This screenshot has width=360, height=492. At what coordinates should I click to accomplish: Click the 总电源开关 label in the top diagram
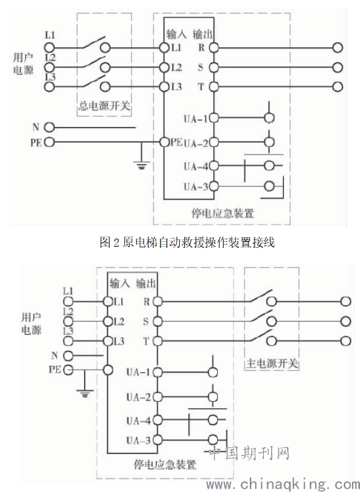tap(104, 106)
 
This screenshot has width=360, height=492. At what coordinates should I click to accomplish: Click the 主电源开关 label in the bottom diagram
tap(272, 364)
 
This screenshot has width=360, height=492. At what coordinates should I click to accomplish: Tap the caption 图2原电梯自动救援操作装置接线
tap(187, 242)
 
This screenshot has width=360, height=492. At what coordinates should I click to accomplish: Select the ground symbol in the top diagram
tap(142, 164)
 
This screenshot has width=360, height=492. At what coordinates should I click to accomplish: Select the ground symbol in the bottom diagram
tap(85, 393)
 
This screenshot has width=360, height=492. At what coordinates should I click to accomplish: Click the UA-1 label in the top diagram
tap(196, 119)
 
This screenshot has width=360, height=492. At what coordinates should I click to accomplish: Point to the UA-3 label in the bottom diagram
tap(139, 441)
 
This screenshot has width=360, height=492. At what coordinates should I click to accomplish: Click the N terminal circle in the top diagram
tap(49, 128)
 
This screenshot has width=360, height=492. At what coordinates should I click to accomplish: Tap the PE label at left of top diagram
tap(36, 142)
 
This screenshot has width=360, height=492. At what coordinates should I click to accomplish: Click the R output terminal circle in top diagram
tap(214, 47)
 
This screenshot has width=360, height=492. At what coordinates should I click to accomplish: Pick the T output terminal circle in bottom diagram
tap(158, 341)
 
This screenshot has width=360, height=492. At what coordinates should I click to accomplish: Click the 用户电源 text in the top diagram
tap(23, 64)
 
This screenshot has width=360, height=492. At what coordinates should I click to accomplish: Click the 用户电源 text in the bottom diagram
tap(31, 324)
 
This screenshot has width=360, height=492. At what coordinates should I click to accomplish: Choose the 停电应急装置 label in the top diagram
tap(222, 213)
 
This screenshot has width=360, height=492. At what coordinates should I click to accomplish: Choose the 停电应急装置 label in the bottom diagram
tap(165, 465)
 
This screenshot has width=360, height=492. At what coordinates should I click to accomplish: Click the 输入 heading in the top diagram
tap(176, 34)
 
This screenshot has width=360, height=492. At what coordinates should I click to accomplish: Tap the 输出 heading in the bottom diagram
tap(146, 283)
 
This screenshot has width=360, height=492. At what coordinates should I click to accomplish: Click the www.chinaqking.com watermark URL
tap(283, 484)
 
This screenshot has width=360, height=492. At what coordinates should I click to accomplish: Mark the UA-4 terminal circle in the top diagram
tap(214, 166)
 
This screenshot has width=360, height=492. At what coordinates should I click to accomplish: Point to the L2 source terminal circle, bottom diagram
tap(68, 322)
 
